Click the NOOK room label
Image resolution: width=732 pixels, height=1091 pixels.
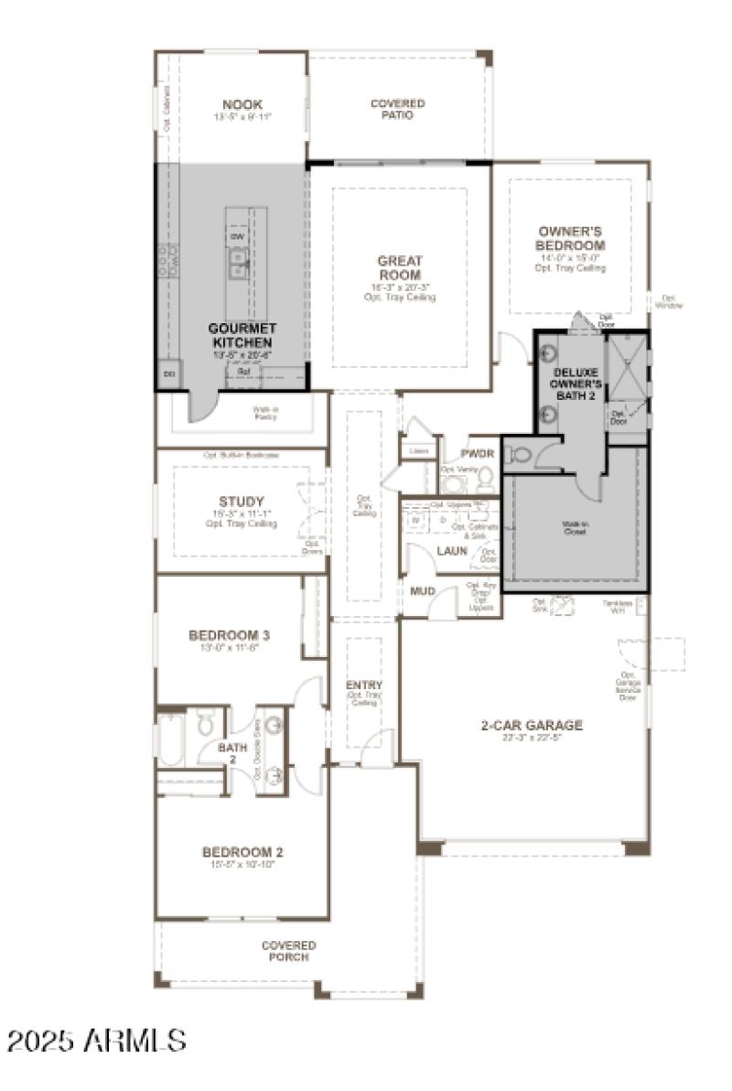[x=242, y=104]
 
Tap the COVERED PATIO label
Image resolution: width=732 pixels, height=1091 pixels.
[x=397, y=110]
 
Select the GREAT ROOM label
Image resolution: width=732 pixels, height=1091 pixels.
[x=399, y=267]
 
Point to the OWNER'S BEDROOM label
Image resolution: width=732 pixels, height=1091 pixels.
[x=571, y=239]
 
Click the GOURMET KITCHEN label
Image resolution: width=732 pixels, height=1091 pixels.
[x=242, y=334]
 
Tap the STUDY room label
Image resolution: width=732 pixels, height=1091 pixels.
[x=242, y=502]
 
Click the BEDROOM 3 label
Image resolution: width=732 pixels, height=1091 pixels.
[x=230, y=635]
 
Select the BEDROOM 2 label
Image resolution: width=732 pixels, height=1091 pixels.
[x=242, y=852]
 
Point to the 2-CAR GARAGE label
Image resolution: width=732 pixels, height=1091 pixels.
[x=532, y=726]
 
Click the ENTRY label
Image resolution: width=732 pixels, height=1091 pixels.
[x=364, y=686]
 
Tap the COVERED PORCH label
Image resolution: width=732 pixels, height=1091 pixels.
[x=289, y=951]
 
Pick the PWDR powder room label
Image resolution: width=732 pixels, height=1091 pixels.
[x=477, y=453]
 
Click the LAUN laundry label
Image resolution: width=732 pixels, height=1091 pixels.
[x=452, y=551]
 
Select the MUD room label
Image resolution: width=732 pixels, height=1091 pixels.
[x=423, y=591]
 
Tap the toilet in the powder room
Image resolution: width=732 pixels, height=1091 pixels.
[x=484, y=477]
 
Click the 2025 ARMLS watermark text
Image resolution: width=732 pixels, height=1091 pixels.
[x=97, y=1041]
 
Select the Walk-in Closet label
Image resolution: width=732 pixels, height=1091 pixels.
[x=575, y=527]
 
